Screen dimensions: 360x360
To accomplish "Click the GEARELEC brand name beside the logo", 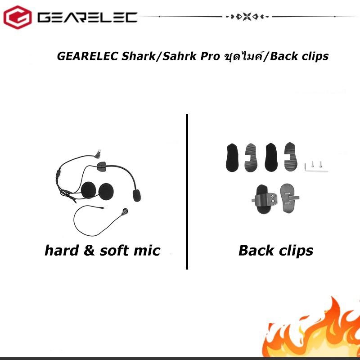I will point(87,18).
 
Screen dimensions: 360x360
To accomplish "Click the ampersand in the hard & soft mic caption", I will point(89,250).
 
